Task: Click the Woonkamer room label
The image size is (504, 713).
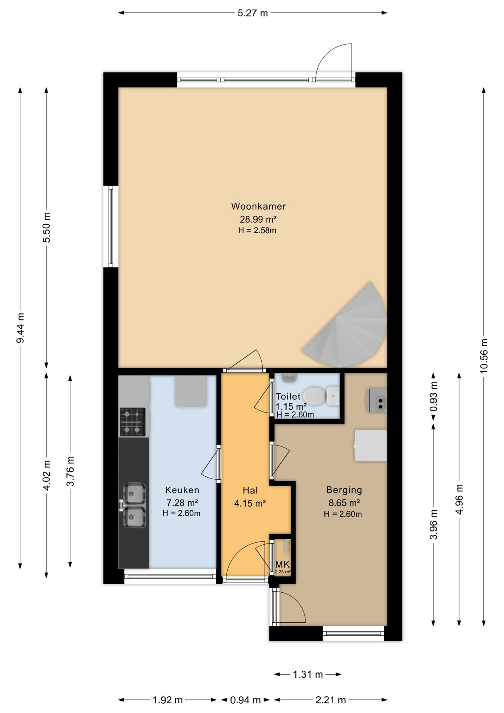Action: pyautogui.click(x=258, y=206)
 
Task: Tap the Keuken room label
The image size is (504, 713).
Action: pyautogui.click(x=182, y=490)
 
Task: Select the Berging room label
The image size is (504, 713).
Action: pyautogui.click(x=344, y=490)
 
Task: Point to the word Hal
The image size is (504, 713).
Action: pyautogui.click(x=250, y=490)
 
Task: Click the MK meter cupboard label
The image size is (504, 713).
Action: pyautogui.click(x=282, y=564)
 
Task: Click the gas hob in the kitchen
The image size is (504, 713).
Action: pyautogui.click(x=132, y=421)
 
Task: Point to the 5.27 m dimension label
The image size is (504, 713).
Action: pyautogui.click(x=252, y=13)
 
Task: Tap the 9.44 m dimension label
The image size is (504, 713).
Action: pyautogui.click(x=20, y=328)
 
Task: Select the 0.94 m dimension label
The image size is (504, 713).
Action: pyautogui.click(x=245, y=700)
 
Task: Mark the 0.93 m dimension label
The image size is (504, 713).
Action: pyautogui.click(x=433, y=396)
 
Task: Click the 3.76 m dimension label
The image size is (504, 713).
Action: pyautogui.click(x=70, y=471)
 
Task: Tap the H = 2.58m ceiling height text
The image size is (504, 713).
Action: pyautogui.click(x=257, y=230)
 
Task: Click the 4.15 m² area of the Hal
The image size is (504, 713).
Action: pyautogui.click(x=250, y=504)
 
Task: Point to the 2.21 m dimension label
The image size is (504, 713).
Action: pyautogui.click(x=330, y=700)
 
